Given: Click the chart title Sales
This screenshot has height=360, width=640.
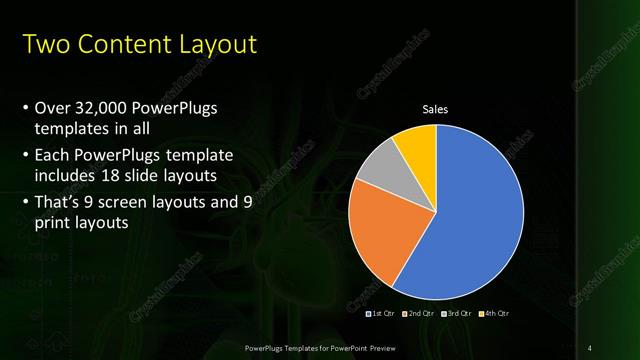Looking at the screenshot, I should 435,110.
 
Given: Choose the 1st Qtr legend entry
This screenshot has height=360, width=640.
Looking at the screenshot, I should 381,313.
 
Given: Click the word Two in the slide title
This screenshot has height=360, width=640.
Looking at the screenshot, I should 45,45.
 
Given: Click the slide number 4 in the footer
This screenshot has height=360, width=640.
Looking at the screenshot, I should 590,346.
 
